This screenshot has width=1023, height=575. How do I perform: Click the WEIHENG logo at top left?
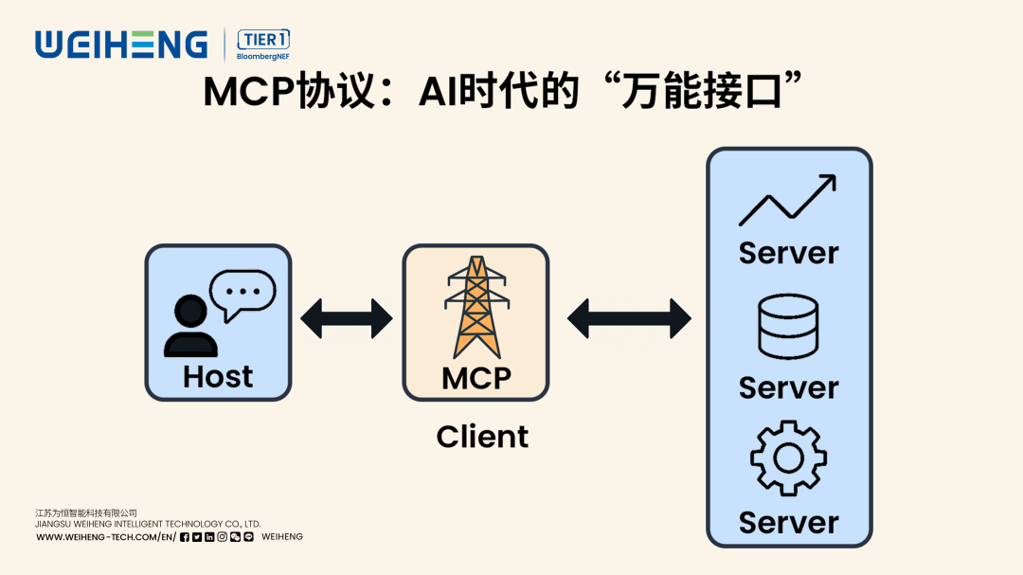(x=121, y=44)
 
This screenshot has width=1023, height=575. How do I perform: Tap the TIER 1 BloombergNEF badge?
(x=263, y=45)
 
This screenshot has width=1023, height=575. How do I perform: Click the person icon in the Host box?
(x=189, y=326)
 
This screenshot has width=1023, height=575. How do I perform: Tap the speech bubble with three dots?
(x=242, y=295)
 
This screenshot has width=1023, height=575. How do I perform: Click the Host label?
(x=218, y=376)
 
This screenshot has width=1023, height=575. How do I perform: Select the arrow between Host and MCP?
(x=347, y=318)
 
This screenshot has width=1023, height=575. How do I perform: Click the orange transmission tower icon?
(x=476, y=307)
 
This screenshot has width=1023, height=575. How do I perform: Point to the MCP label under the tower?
(x=476, y=377)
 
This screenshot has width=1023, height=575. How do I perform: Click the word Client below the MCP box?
(x=482, y=437)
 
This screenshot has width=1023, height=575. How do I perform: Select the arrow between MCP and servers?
(x=630, y=318)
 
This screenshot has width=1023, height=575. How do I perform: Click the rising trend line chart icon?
(x=787, y=200)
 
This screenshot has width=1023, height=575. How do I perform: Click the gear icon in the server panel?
(x=788, y=458)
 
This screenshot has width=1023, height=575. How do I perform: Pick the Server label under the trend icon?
(x=788, y=253)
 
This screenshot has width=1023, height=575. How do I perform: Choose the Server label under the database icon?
(x=788, y=387)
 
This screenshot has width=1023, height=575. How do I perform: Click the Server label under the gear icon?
(x=788, y=522)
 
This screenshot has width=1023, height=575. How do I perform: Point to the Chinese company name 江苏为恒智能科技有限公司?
(x=86, y=512)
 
